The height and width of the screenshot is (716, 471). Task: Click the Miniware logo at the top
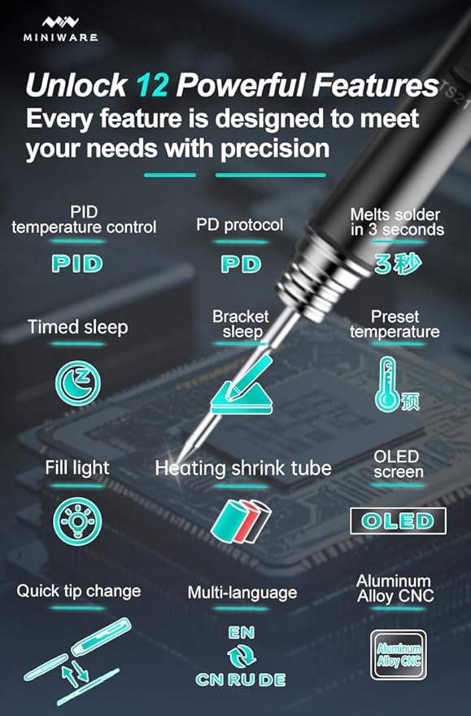tap(61, 29)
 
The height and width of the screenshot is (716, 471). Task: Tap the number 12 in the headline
tap(152, 85)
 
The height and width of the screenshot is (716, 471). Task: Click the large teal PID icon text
tap(77, 264)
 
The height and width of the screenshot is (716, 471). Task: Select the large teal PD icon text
tap(241, 265)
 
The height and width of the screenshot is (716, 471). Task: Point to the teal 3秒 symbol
tap(398, 263)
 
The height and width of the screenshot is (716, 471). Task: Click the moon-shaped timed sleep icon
tap(78, 383)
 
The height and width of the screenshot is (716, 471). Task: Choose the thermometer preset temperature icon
tap(397, 385)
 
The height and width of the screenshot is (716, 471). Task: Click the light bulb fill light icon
tap(77, 521)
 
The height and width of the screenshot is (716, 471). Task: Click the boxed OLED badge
tap(398, 521)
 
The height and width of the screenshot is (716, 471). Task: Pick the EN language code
tap(242, 632)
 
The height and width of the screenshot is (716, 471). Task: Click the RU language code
tap(242, 679)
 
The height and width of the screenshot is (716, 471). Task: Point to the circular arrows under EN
tap(242, 657)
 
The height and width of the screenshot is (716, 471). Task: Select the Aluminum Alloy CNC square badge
tap(399, 655)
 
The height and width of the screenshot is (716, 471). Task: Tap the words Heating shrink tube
tap(243, 468)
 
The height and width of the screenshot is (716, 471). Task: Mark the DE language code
tap(273, 679)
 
